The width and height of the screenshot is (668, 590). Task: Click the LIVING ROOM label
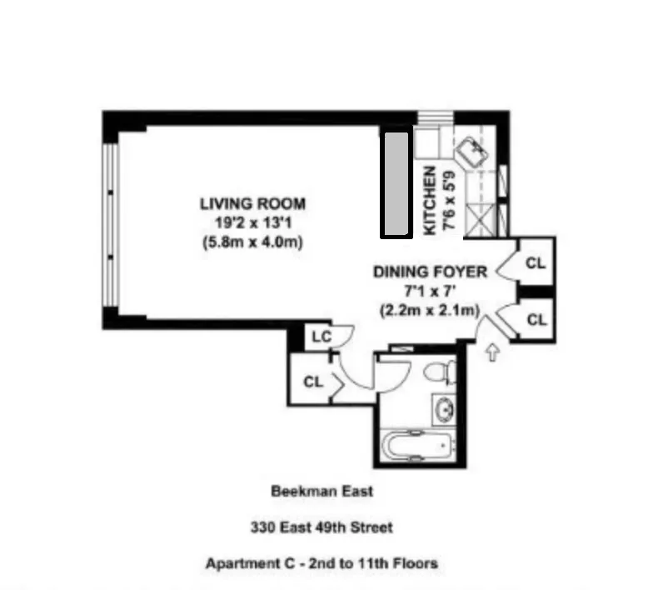click(252, 203)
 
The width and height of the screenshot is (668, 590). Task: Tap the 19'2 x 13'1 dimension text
click(252, 223)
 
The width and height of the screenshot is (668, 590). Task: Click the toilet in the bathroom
click(439, 370)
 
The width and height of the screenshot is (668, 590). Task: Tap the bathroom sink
click(444, 410)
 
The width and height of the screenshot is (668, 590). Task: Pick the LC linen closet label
click(321, 337)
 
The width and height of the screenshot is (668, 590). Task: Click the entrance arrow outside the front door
click(492, 352)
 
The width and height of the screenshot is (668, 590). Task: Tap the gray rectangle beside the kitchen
click(396, 182)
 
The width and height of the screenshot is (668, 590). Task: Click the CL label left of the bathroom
click(312, 382)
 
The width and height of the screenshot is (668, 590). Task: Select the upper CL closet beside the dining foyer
click(536, 262)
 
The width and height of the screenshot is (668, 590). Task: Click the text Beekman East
click(322, 491)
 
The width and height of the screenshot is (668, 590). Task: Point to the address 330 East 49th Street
click(322, 527)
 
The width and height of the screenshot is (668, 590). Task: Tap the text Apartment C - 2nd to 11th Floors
click(322, 563)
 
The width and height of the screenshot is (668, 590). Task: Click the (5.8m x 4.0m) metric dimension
click(252, 243)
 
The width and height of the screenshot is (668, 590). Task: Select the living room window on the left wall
click(111, 225)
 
